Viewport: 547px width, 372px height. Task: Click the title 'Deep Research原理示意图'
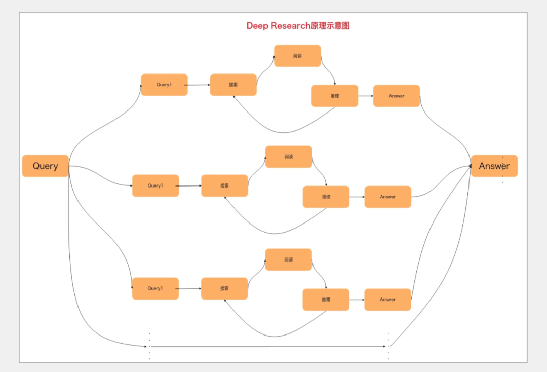(298, 26)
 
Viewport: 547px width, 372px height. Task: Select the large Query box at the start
(45, 166)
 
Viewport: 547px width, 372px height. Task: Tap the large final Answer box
(494, 166)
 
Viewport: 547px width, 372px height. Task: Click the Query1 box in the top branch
(164, 85)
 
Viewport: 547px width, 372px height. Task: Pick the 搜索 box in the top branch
(233, 85)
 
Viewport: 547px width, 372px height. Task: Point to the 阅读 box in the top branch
(297, 56)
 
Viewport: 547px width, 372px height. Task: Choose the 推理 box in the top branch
(334, 96)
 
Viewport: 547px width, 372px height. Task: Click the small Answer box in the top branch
(396, 96)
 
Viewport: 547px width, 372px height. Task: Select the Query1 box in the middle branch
(155, 185)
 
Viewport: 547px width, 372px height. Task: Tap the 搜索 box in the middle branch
(224, 185)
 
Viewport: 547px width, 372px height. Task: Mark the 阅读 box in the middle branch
(289, 157)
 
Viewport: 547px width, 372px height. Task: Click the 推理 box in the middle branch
(326, 197)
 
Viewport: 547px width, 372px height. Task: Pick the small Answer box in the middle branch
(387, 197)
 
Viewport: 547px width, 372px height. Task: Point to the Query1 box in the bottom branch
(155, 288)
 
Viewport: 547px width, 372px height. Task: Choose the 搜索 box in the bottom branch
(224, 288)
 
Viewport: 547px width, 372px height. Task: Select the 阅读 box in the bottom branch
(289, 259)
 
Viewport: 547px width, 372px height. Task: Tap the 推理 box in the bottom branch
(326, 300)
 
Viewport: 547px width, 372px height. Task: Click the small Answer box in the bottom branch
(387, 300)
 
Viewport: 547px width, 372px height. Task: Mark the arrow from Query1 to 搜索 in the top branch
(199, 85)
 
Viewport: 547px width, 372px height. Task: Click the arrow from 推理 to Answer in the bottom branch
(357, 300)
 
